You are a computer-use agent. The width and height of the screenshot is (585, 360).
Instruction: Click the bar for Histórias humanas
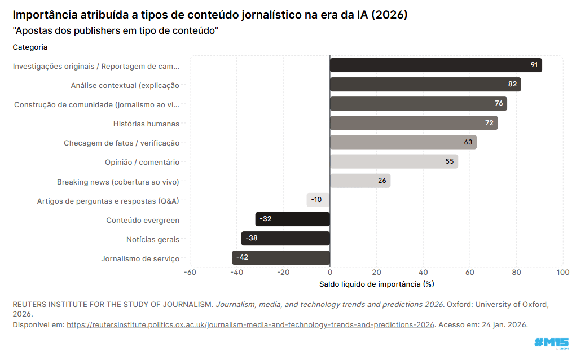point(414,123)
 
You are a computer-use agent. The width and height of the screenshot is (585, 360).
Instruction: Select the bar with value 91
point(436,65)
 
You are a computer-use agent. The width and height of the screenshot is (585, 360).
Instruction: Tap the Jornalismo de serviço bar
point(280,258)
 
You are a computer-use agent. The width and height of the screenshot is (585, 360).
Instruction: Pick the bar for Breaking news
point(360,181)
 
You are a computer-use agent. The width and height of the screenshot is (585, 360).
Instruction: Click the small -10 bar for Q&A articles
point(318,200)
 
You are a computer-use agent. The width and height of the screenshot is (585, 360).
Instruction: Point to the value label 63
point(468,142)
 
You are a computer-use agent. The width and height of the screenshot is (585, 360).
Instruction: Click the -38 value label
point(252,238)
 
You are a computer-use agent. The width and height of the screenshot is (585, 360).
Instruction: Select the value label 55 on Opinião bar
point(450,161)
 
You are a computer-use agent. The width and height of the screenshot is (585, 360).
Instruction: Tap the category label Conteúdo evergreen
point(143,221)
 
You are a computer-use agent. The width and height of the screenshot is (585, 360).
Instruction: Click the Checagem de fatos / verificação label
point(121,143)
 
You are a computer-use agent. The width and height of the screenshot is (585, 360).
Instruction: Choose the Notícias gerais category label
point(152,240)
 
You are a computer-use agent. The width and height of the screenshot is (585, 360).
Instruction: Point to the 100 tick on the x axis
point(562,273)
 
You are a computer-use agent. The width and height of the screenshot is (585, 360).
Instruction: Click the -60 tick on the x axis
point(190,273)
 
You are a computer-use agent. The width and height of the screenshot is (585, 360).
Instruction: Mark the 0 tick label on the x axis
point(330,273)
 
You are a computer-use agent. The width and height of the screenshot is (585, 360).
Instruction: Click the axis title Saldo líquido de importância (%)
point(376,284)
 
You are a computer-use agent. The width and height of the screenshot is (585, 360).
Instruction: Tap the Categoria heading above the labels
point(30,47)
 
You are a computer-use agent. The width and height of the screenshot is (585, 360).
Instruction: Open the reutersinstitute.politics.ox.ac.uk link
point(250,324)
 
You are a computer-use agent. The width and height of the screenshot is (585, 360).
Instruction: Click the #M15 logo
point(551,343)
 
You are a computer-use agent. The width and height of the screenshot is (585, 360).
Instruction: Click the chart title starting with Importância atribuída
point(210,15)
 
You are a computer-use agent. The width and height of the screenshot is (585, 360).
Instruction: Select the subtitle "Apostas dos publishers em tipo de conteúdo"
point(115,30)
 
